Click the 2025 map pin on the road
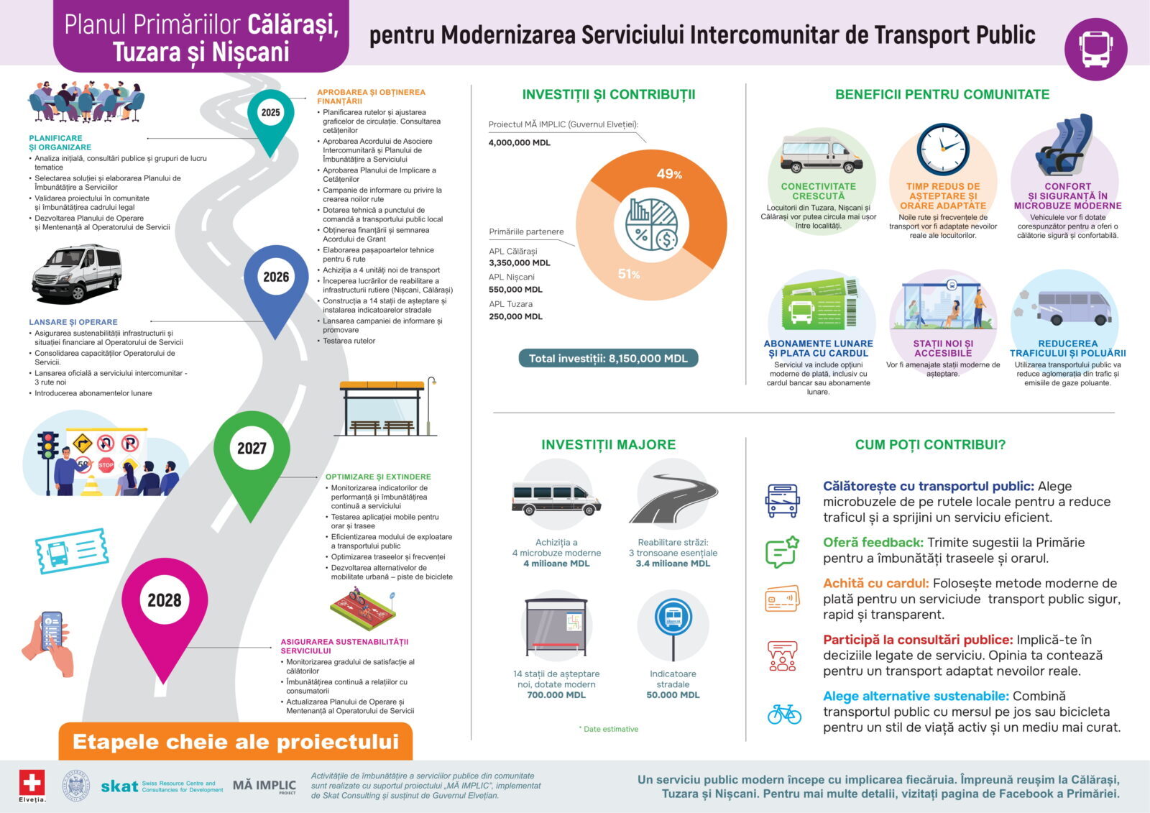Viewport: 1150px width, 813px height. point(270,115)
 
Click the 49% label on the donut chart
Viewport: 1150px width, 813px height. point(669,174)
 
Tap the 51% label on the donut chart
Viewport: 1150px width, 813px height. point(629,274)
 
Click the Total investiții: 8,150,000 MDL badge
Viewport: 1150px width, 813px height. point(608,358)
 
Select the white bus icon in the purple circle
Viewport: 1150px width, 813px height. point(1095,49)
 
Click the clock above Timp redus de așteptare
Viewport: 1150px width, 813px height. point(943,150)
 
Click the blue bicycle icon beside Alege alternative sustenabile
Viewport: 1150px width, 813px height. point(783,714)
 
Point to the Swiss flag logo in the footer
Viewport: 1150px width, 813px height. point(32,782)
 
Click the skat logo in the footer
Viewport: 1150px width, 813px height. point(119,786)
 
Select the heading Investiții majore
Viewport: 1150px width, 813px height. point(608,444)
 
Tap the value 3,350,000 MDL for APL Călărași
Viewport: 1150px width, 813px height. point(519,263)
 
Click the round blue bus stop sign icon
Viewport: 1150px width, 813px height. point(673,617)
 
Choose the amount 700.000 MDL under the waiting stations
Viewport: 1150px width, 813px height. point(556,695)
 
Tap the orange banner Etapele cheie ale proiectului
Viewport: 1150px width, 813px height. point(236,742)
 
